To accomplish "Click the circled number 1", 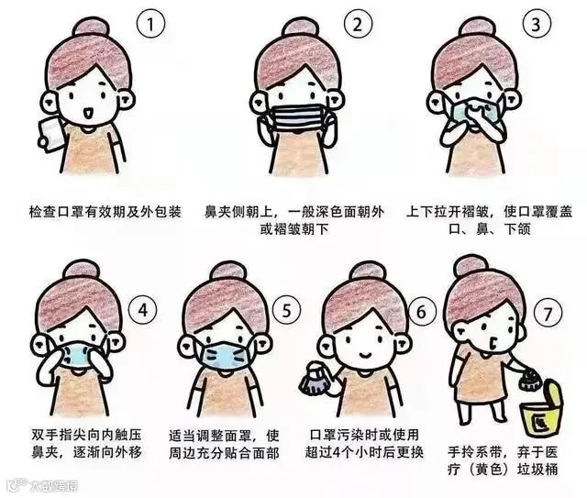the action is pos(150,24).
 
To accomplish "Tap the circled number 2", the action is pos(359,24).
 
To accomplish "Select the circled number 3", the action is pos(537,24).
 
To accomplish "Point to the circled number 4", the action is pos(143,310).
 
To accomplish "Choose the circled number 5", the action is pos(286,310).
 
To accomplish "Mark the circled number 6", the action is pos(422,311).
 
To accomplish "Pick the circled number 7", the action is pos(548,314).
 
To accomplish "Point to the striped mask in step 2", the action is pos(298,118).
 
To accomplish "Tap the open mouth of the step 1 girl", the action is pos(88,113).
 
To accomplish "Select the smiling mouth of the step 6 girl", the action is pos(365,353).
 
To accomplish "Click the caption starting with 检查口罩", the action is pos(105,212).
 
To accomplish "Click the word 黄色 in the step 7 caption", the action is pos(487,469).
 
